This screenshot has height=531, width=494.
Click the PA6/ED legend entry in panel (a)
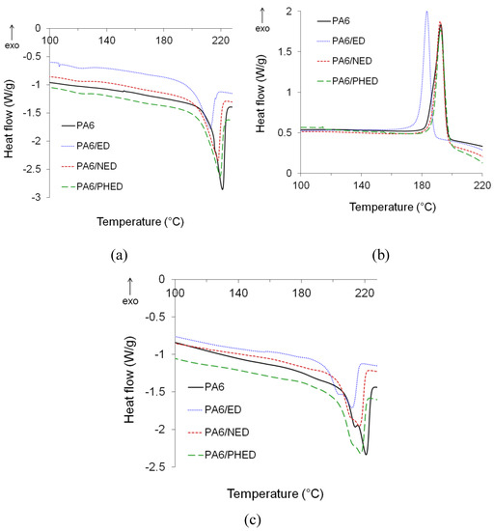[x=86, y=146]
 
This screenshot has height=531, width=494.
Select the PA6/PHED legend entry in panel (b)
[x=347, y=81]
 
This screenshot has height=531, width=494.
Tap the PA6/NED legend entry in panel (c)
[x=218, y=433]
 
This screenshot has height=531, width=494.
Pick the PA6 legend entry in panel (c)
[x=206, y=387]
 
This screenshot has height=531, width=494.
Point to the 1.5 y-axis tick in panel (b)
[x=285, y=51]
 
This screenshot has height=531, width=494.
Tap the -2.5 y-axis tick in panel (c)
[x=155, y=466]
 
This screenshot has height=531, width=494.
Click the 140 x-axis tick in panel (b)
[x=361, y=185]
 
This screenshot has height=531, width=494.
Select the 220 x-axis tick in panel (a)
[x=221, y=41]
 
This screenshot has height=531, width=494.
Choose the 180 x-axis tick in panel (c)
[x=301, y=293]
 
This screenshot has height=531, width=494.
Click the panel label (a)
[x=119, y=255]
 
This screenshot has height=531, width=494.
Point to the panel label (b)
[x=381, y=255]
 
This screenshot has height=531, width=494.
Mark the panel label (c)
[x=253, y=519]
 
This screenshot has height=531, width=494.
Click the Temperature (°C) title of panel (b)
[x=393, y=207]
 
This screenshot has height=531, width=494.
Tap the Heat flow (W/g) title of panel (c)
[x=129, y=380]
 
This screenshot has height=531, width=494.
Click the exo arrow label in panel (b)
[x=262, y=20]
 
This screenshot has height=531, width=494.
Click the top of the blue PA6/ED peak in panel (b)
[x=427, y=12]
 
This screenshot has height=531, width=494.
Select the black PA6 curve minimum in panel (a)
[x=222, y=189]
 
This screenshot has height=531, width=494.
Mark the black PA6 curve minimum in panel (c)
[x=366, y=454]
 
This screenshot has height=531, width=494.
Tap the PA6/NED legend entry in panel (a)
[x=90, y=166]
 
